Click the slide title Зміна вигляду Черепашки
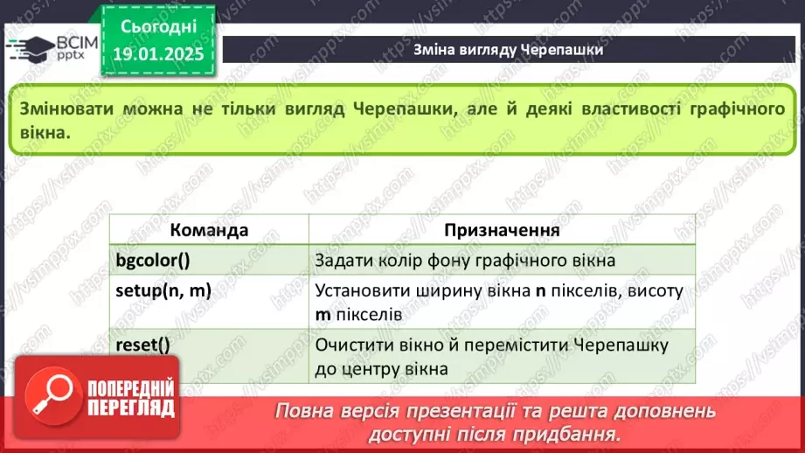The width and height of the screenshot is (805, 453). click(x=508, y=50)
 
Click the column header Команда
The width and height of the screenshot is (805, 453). click(x=209, y=230)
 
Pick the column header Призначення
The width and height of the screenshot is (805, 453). click(x=502, y=230)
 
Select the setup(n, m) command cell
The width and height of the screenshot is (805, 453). click(x=163, y=290)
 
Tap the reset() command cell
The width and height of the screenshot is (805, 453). click(x=142, y=345)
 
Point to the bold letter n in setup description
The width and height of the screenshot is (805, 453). click(x=539, y=290)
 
